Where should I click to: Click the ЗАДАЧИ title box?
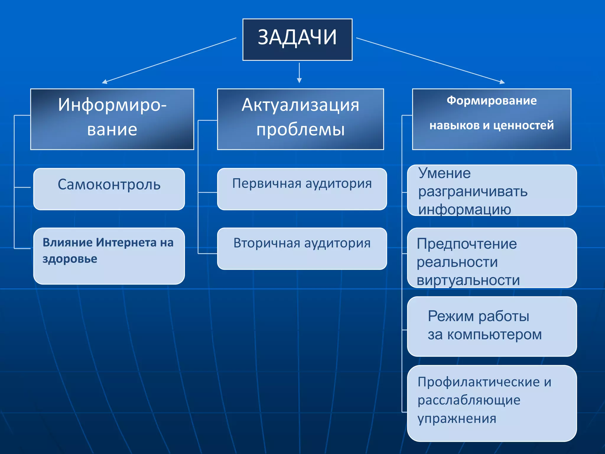coord(297,40)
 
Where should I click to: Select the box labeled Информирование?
coord(112,119)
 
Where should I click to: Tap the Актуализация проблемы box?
coord(300,119)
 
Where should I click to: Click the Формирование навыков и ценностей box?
coord(492,119)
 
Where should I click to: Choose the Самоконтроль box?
coord(109,189)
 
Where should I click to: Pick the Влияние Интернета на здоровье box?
coord(109,256)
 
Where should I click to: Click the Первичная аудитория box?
coord(302,189)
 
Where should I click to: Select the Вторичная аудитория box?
coord(302,249)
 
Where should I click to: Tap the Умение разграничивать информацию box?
coord(492,190)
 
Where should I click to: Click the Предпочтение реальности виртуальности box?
coord(492,258)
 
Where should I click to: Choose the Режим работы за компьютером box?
coord(492,326)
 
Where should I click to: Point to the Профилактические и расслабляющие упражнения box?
coord(492,403)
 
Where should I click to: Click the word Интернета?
coord(126,243)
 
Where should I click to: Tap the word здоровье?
coord(70,259)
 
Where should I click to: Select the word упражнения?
coord(457,419)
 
